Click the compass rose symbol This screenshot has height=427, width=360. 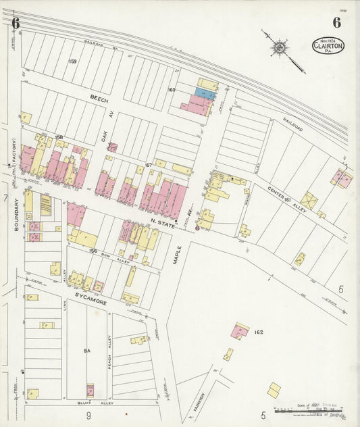tap(278, 47)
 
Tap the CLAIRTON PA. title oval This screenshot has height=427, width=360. tap(328, 46)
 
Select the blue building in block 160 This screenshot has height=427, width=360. tap(205, 95)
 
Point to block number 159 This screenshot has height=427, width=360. tap(72, 61)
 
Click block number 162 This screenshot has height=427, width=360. tap(259, 332)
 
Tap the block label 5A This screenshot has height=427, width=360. tap(86, 351)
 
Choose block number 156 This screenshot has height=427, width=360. tap(93, 251)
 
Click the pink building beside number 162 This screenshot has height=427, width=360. tap(240, 330)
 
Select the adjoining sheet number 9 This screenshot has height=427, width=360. tap(88, 415)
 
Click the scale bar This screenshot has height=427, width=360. tap(307, 410)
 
